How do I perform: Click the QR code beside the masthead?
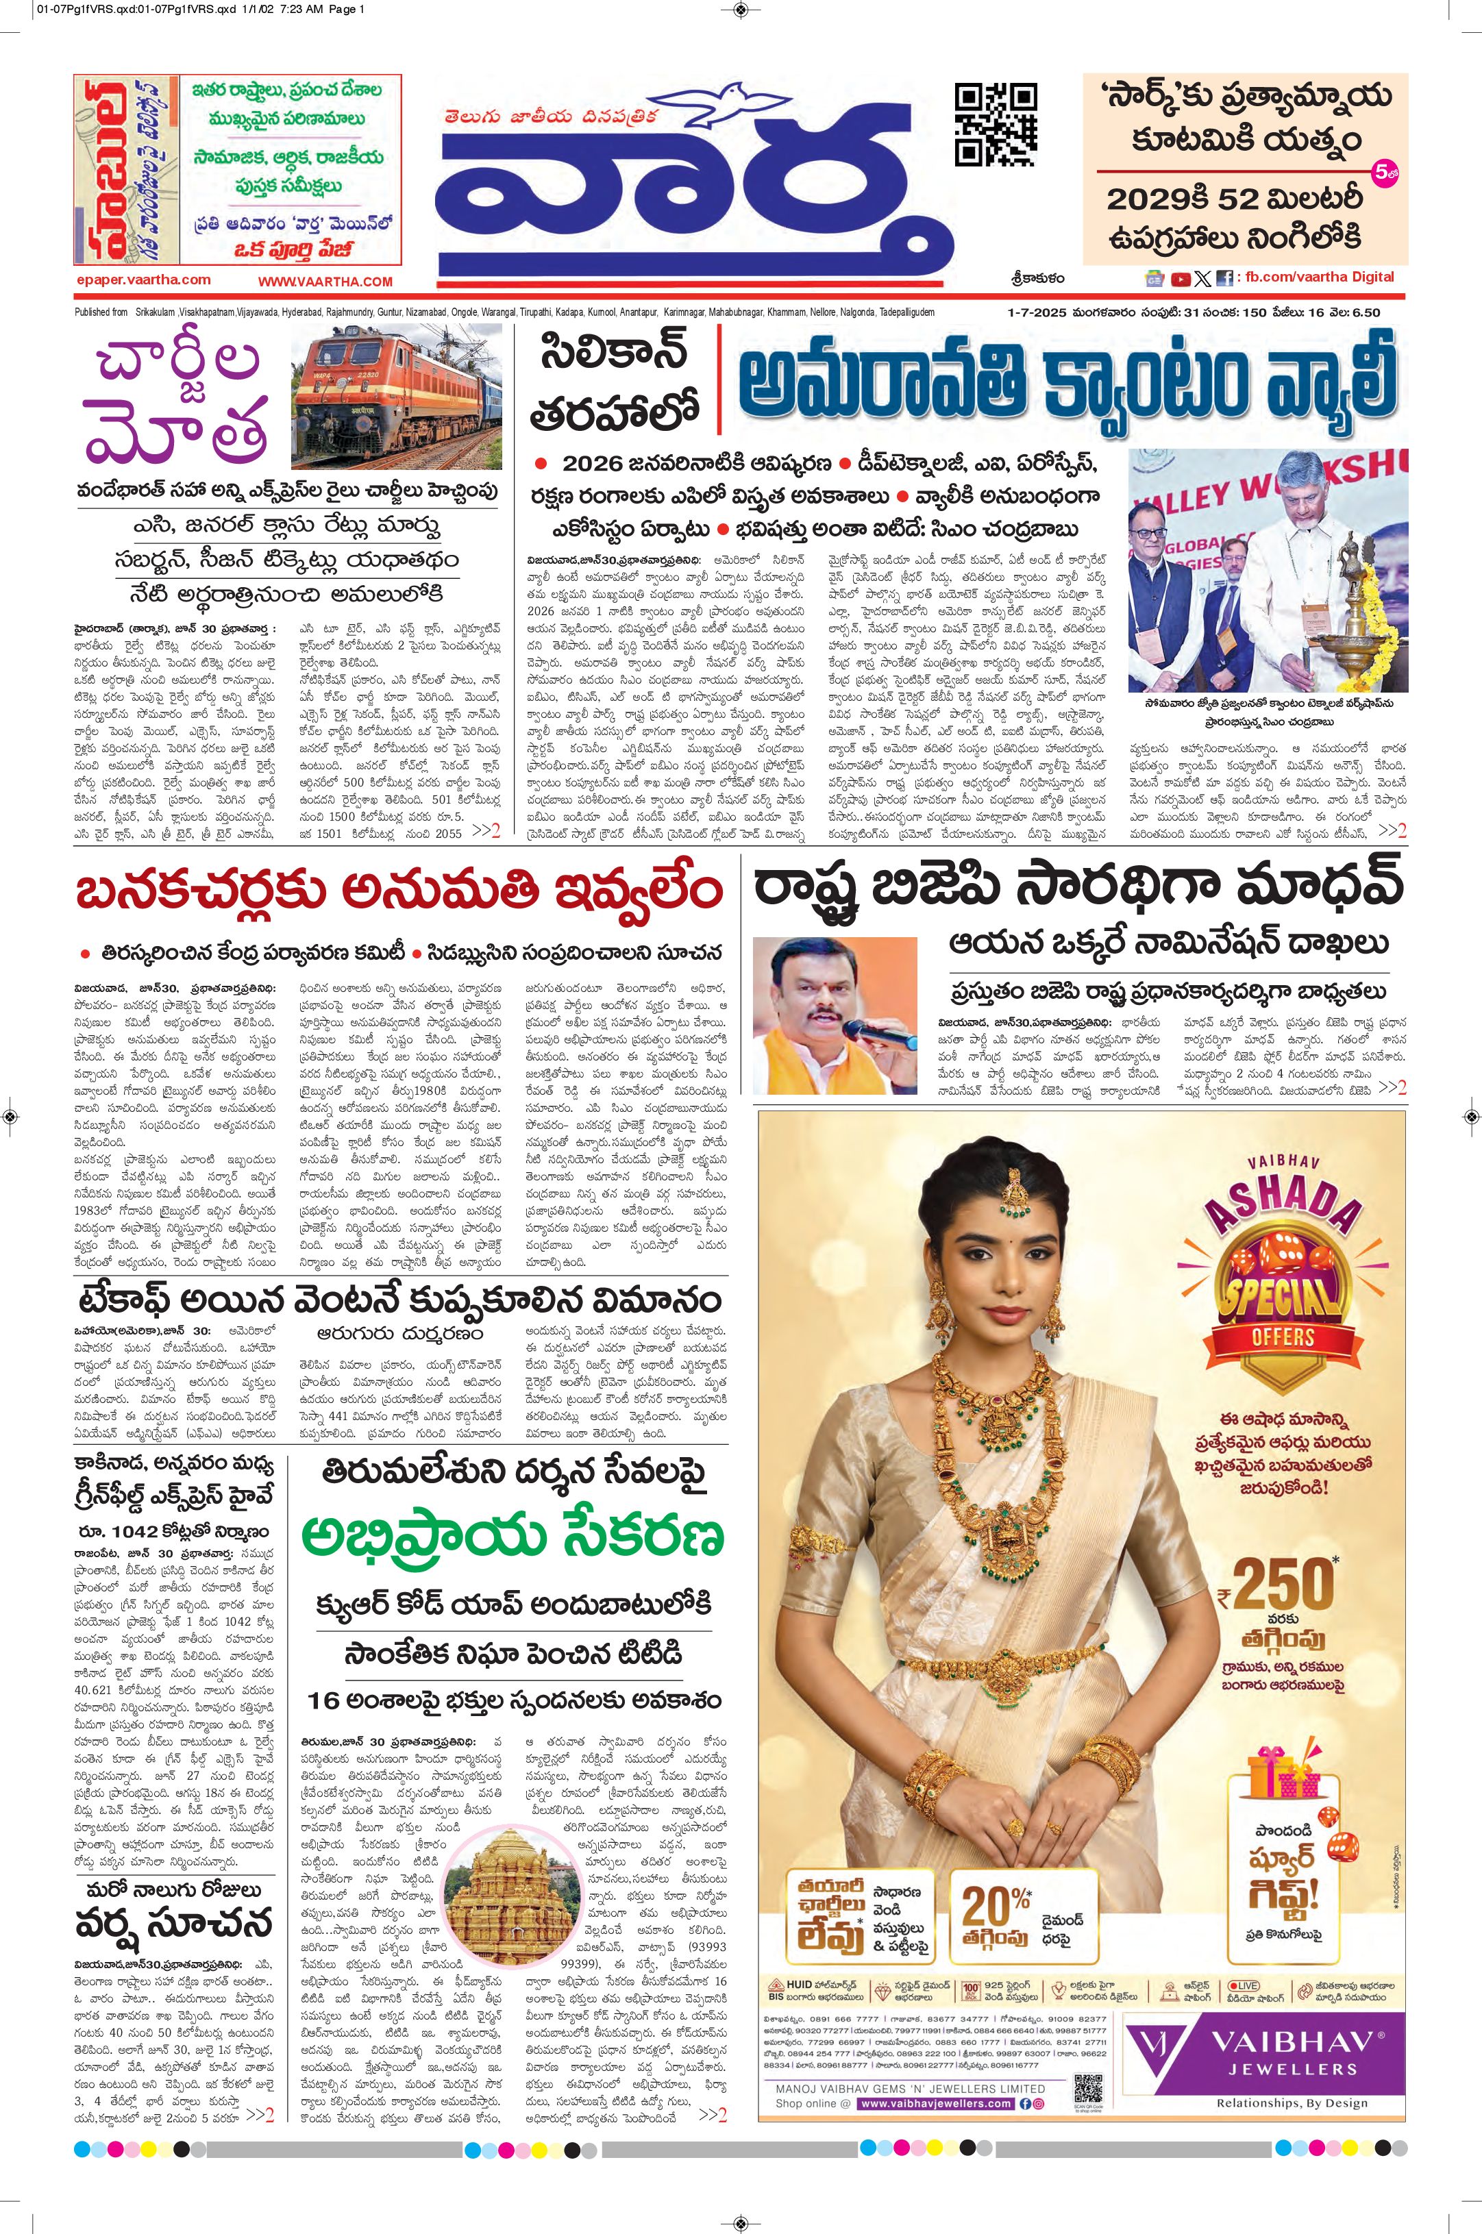[x=996, y=125]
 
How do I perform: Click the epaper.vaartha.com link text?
[x=143, y=280]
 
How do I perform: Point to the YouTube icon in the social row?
[x=1181, y=279]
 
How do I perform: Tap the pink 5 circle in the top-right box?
[x=1381, y=174]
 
